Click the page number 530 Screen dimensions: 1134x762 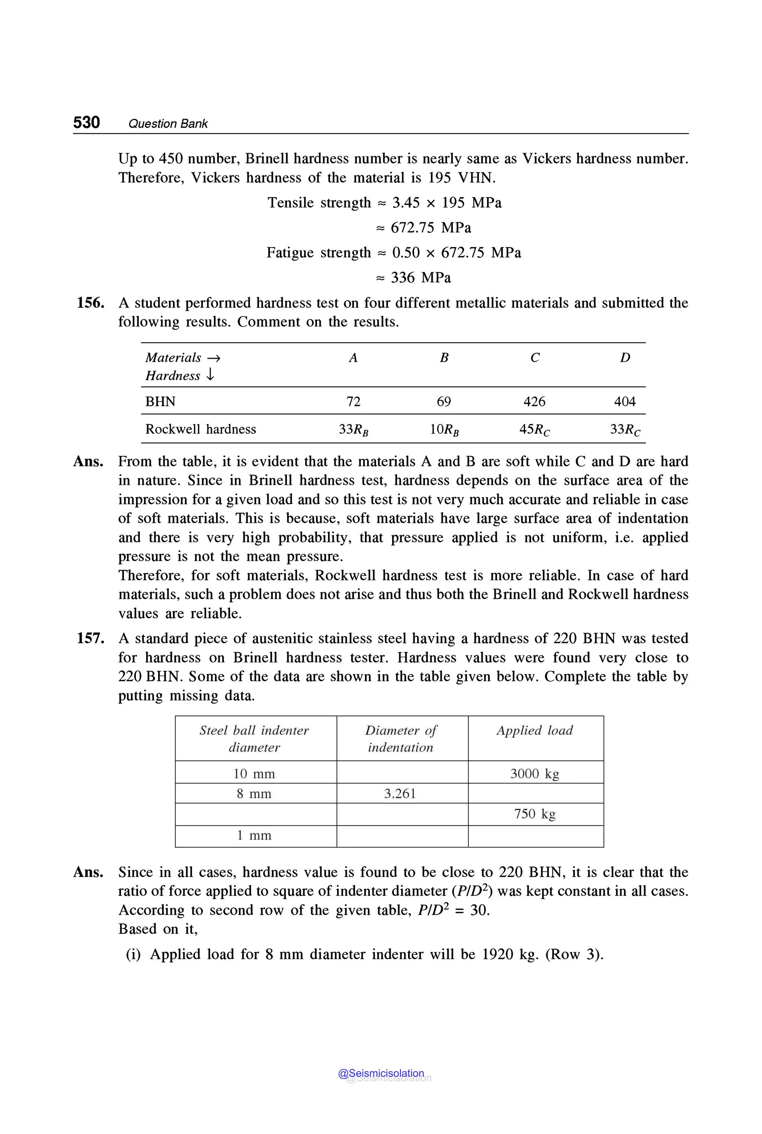coord(86,122)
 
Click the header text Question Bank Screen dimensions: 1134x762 coord(168,124)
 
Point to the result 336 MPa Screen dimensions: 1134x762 coord(420,277)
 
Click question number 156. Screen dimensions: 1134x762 coord(90,303)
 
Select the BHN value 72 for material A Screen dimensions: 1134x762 coord(353,401)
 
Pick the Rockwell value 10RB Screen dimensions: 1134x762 coord(444,429)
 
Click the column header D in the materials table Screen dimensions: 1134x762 coord(625,358)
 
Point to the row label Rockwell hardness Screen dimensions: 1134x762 coord(200,429)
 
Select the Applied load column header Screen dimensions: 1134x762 coord(535,731)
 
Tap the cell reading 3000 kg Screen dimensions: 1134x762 coord(535,774)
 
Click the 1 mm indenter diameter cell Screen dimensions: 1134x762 coord(254,835)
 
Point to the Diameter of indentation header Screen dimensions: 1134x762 coord(400,739)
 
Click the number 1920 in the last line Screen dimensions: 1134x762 coord(497,954)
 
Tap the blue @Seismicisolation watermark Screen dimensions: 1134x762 coord(381,1073)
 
